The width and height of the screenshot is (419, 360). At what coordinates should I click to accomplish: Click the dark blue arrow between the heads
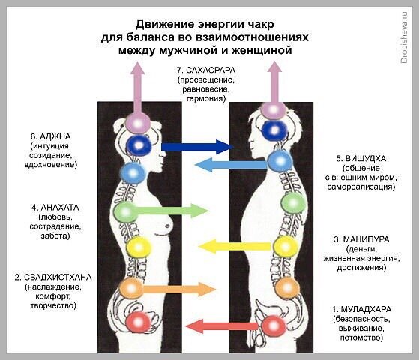(x=197, y=147)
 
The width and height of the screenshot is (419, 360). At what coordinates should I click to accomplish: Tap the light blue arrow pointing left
(x=232, y=164)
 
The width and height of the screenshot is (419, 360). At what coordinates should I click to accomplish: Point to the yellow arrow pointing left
(x=235, y=246)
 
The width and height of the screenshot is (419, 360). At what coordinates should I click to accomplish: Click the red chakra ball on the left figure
(x=138, y=322)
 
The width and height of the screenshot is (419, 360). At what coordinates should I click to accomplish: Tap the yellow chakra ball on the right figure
(x=286, y=247)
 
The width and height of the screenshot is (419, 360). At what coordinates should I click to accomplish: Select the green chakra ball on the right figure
(x=293, y=203)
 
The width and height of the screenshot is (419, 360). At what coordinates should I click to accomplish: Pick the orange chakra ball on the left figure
(x=131, y=288)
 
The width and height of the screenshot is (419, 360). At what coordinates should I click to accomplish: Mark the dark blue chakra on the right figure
(x=274, y=130)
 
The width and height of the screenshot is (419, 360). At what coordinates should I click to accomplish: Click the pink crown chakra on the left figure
(x=138, y=123)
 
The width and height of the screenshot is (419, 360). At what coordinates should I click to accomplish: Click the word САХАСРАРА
(x=211, y=70)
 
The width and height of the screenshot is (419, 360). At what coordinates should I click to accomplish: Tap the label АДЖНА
(x=55, y=136)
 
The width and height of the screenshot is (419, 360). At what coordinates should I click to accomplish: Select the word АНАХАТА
(x=60, y=208)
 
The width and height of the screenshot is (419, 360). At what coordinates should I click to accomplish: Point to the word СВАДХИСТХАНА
(x=58, y=277)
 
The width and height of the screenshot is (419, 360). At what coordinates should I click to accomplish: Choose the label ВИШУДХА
(x=366, y=158)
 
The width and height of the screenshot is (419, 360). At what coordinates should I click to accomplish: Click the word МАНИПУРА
(x=366, y=239)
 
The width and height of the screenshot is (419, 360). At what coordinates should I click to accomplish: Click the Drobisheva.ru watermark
(x=404, y=37)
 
